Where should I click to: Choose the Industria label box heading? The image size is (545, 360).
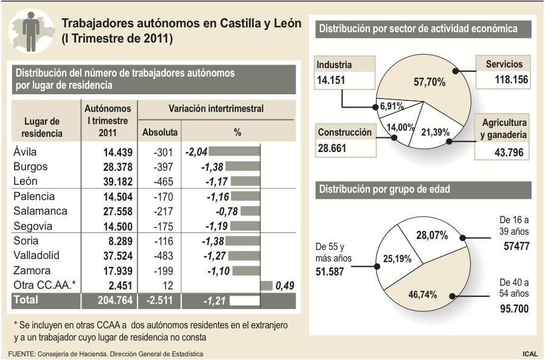click(x=335, y=64)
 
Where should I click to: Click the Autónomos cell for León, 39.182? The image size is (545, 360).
click(x=108, y=181)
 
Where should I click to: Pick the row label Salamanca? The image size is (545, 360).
click(x=38, y=211)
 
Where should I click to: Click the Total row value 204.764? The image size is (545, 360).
click(x=107, y=300)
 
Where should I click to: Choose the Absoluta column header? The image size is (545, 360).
click(x=159, y=132)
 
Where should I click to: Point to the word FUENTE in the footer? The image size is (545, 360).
click(x=21, y=353)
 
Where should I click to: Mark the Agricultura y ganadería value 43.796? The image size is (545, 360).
click(x=509, y=152)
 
